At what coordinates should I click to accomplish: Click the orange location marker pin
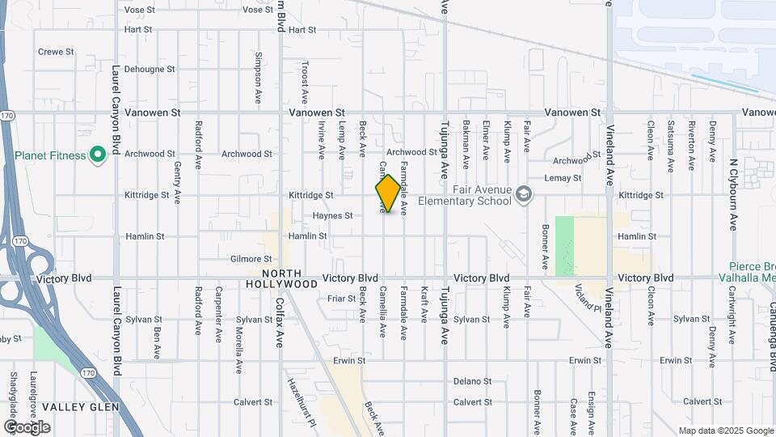(388, 193)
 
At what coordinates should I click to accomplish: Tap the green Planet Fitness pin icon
(98, 154)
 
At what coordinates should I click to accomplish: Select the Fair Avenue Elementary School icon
(524, 193)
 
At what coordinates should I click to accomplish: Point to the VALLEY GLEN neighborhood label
(81, 406)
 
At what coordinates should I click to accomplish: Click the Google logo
(27, 426)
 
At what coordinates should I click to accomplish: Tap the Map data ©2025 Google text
(725, 431)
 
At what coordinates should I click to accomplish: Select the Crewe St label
(56, 52)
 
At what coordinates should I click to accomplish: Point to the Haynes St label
(333, 216)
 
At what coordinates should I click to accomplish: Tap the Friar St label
(342, 299)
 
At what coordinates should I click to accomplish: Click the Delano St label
(472, 381)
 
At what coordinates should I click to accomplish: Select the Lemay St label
(563, 178)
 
